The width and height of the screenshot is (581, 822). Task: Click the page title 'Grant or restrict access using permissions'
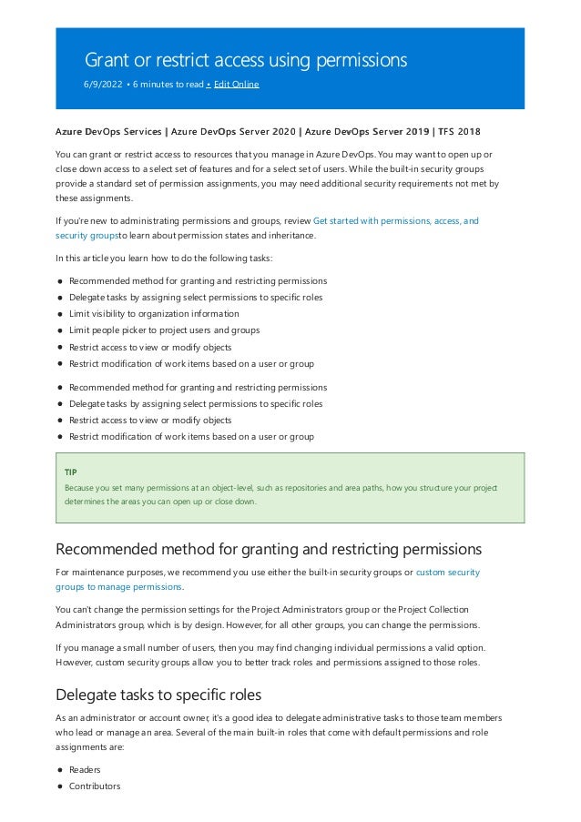245,60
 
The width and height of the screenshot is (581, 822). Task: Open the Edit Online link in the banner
236,85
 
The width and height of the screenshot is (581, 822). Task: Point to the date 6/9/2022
102,85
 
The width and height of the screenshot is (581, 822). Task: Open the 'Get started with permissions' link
395,220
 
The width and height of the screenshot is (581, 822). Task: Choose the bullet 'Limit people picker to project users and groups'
164,330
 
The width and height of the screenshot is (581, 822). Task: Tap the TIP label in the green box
71,472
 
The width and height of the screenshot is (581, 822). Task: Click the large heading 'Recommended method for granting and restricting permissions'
269,549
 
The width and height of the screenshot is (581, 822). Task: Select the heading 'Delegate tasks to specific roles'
159,695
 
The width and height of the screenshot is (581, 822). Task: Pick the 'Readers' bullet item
85,769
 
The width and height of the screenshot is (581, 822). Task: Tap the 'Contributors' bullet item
94,786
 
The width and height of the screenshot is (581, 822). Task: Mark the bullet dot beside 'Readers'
59,769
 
